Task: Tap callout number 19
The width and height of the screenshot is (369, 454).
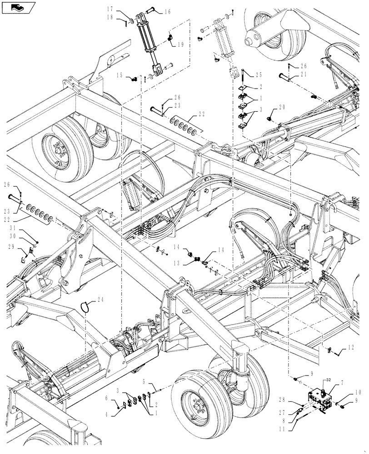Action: [x=180, y=44]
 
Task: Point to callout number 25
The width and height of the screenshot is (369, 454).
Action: [x=259, y=74]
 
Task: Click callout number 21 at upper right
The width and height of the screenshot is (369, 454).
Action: [x=303, y=74]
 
